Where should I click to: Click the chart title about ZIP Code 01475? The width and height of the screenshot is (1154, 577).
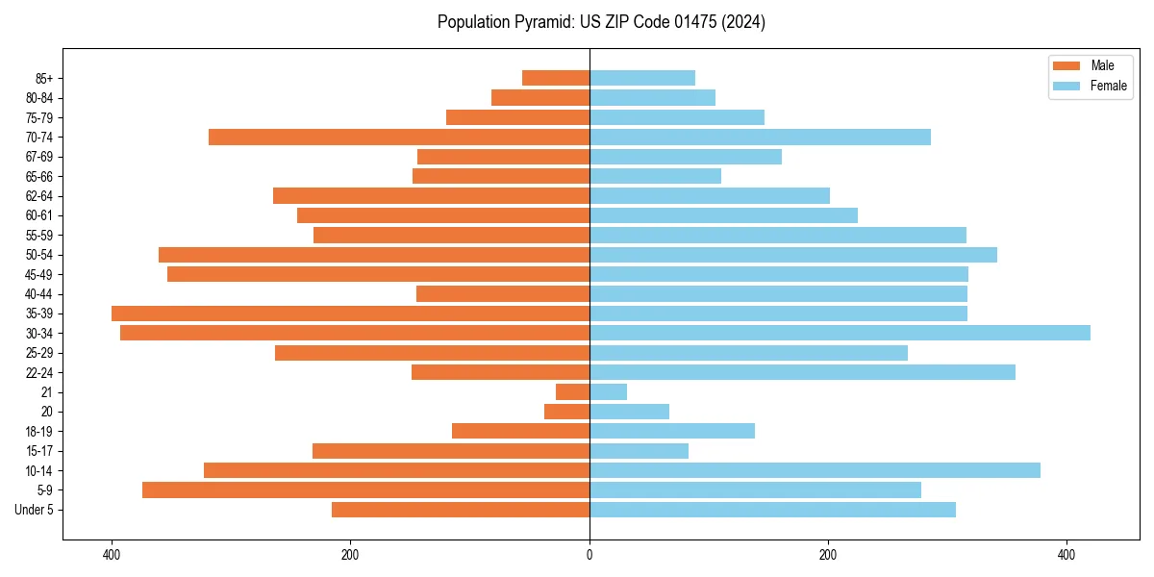[601, 22]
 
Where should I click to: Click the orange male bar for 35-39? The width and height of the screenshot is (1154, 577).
[350, 314]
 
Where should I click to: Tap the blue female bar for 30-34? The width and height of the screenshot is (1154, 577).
[840, 333]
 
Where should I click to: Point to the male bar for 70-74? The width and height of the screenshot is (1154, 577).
[399, 137]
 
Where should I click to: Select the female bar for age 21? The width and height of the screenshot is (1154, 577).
[608, 391]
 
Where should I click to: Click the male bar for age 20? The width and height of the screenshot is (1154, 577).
[566, 412]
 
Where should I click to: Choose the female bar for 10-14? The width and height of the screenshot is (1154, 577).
[815, 470]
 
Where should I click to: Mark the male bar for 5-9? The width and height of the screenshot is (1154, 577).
[365, 489]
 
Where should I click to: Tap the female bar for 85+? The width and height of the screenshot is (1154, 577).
[642, 78]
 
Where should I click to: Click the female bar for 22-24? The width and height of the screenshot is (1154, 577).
[802, 372]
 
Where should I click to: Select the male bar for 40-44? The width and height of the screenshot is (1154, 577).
[503, 293]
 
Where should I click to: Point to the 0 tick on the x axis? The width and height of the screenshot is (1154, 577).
[590, 555]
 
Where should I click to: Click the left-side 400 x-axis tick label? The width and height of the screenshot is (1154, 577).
[112, 555]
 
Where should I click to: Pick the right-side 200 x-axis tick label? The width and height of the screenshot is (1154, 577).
[828, 555]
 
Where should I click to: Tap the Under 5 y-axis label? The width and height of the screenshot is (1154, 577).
[34, 510]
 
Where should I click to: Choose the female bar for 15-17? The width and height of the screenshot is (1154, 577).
[639, 450]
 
